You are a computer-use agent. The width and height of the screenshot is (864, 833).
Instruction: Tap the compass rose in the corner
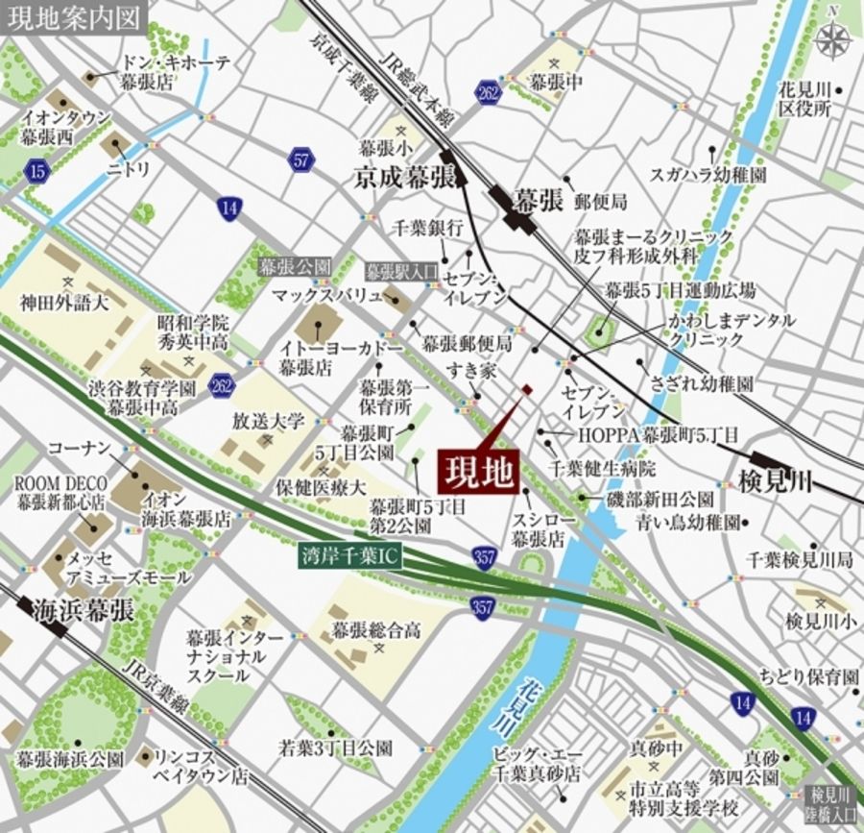click(831, 37)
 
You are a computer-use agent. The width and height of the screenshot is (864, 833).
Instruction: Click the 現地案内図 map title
click(73, 16)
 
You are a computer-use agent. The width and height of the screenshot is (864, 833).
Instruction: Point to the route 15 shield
click(37, 171)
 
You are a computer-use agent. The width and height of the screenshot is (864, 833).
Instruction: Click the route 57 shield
click(301, 159)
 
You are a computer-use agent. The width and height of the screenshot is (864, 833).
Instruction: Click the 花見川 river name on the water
click(531, 701)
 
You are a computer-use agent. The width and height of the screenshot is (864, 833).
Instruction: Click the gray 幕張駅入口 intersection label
click(401, 270)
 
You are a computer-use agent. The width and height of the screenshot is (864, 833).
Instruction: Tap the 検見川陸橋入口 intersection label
click(831, 803)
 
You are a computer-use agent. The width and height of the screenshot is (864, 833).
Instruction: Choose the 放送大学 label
click(268, 421)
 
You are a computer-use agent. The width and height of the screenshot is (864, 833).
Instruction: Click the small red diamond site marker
click(526, 389)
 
